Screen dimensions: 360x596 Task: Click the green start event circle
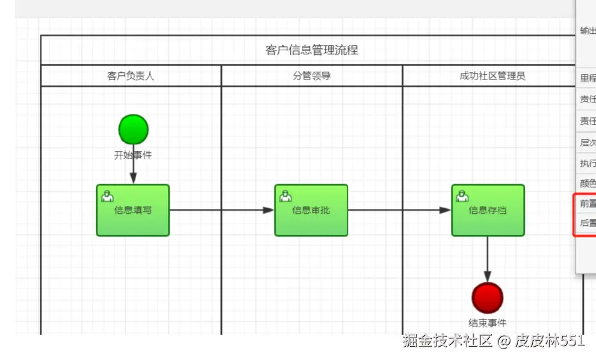click(x=133, y=129)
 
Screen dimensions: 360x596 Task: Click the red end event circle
click(x=487, y=298)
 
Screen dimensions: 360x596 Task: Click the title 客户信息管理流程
click(x=311, y=50)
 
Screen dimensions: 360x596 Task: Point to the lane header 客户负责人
click(x=131, y=76)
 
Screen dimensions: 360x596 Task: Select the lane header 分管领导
click(x=311, y=76)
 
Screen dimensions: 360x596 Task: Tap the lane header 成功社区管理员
click(x=492, y=76)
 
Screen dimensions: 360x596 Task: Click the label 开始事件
click(x=133, y=155)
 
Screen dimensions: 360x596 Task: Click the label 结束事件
click(x=487, y=323)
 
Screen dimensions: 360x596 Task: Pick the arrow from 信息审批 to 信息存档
click(x=399, y=210)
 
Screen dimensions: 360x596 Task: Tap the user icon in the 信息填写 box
click(x=107, y=196)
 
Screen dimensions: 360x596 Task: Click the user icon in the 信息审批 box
click(x=285, y=196)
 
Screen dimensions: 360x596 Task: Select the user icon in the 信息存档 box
click(x=462, y=196)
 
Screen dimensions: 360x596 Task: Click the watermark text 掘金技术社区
click(x=448, y=341)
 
